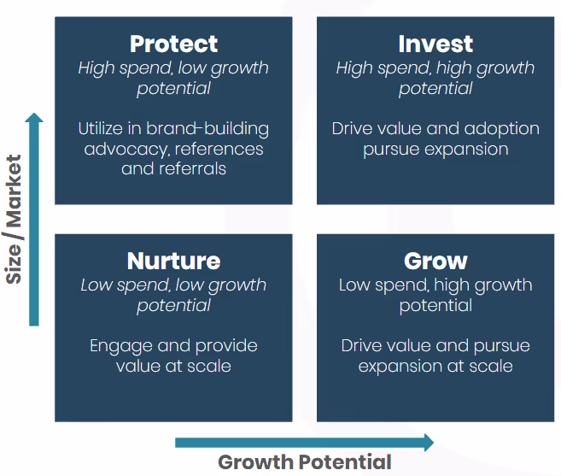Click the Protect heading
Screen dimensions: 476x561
pyautogui.click(x=173, y=44)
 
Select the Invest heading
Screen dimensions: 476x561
pyautogui.click(x=435, y=44)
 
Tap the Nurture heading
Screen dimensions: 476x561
pyautogui.click(x=173, y=261)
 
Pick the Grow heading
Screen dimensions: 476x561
pyautogui.click(x=435, y=261)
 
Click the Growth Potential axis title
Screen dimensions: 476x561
pyautogui.click(x=305, y=462)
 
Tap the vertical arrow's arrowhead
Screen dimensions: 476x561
pyautogui.click(x=34, y=120)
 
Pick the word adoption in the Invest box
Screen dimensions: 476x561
pyautogui.click(x=500, y=130)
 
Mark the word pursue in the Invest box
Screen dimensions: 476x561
pyautogui.click(x=392, y=150)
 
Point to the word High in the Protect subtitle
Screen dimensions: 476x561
pyautogui.click(x=95, y=68)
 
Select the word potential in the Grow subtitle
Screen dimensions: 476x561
pyautogui.click(x=435, y=305)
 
